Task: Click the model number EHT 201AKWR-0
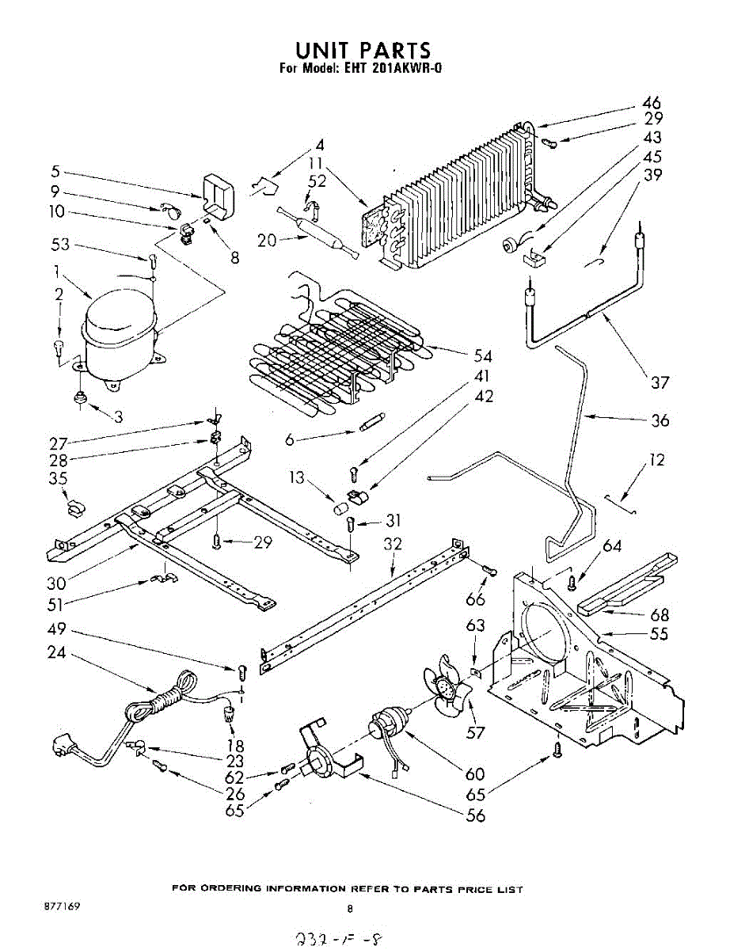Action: (x=393, y=68)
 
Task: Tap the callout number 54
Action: (x=482, y=356)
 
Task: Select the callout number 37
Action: (x=660, y=383)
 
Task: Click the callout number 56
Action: (x=476, y=816)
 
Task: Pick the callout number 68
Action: (x=659, y=614)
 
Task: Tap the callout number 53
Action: (x=60, y=245)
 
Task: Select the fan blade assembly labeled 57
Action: (x=448, y=689)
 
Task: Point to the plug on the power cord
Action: (x=64, y=747)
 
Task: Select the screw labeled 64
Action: (x=571, y=582)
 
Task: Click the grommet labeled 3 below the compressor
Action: (x=79, y=397)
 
